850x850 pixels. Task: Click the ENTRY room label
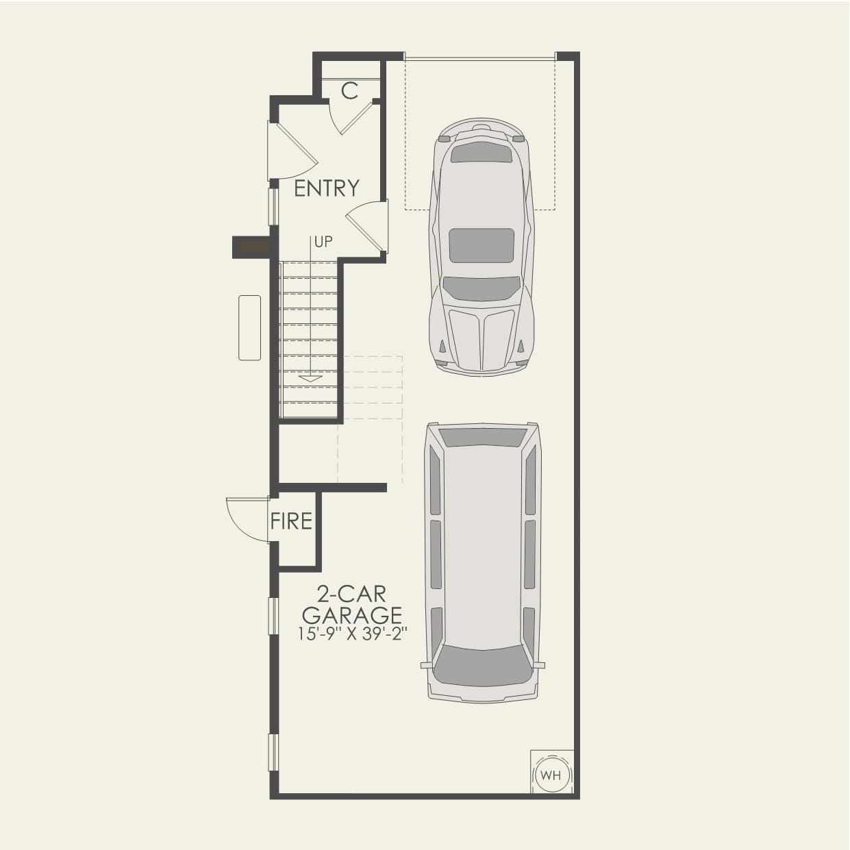click(327, 188)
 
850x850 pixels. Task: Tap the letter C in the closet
click(349, 90)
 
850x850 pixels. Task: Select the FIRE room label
click(291, 522)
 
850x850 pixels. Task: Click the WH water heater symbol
click(551, 775)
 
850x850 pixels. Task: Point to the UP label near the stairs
click(323, 242)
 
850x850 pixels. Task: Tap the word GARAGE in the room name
click(352, 615)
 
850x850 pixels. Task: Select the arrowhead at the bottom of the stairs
click(310, 378)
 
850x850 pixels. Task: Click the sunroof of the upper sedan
click(482, 245)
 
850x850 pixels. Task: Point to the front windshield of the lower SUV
click(483, 664)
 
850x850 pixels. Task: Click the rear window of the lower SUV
click(483, 436)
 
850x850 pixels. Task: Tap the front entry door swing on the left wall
click(291, 152)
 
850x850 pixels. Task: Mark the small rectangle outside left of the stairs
click(249, 327)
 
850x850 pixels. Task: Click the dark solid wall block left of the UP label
click(252, 247)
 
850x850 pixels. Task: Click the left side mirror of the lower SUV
click(425, 664)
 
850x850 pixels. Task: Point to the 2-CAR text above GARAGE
click(351, 594)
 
